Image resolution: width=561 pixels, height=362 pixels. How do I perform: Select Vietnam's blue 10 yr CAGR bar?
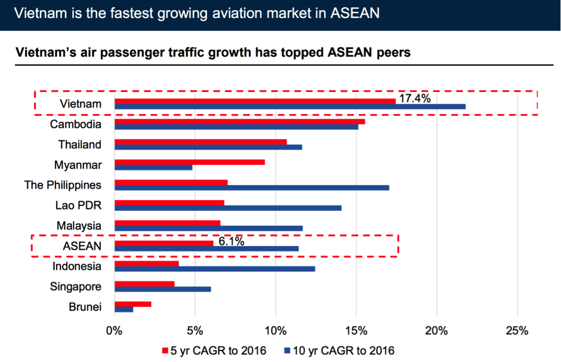pyautogui.click(x=290, y=107)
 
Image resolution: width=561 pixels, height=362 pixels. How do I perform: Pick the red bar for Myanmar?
pyautogui.click(x=189, y=162)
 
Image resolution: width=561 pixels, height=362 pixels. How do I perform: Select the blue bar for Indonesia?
pyautogui.click(x=215, y=269)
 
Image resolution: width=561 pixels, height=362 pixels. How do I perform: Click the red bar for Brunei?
pyautogui.click(x=132, y=304)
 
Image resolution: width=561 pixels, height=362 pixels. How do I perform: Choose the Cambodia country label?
pyautogui.click(x=75, y=125)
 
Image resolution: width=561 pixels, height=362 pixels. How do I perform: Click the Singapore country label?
pyautogui.click(x=76, y=287)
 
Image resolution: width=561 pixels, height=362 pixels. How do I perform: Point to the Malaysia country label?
pyautogui.click(x=79, y=226)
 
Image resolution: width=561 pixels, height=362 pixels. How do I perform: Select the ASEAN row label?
pyautogui.click(x=82, y=246)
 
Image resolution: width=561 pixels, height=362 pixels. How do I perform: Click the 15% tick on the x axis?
pyautogui.click(x=356, y=331)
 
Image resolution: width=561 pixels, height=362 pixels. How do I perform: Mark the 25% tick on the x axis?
pyautogui.click(x=517, y=331)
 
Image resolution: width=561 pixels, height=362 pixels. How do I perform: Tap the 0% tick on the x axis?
pyautogui.click(x=114, y=331)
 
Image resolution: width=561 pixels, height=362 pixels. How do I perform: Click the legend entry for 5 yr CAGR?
pyautogui.click(x=214, y=350)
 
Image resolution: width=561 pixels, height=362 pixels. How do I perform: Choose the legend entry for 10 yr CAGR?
pyautogui.click(x=339, y=350)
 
